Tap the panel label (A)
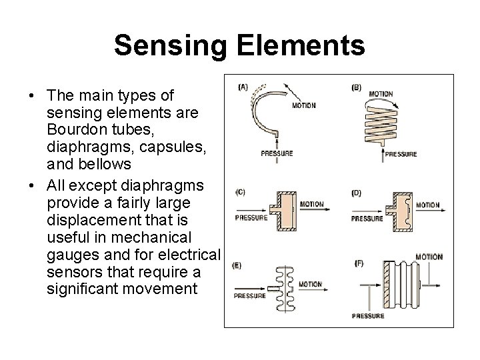coord(243,85)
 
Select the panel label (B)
coord(357,86)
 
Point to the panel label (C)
coord(241,192)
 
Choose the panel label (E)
coord(237,265)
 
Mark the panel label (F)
coord(359,264)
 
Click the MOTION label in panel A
coord(303,105)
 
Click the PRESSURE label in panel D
coord(367,218)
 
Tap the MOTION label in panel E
coord(310,284)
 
